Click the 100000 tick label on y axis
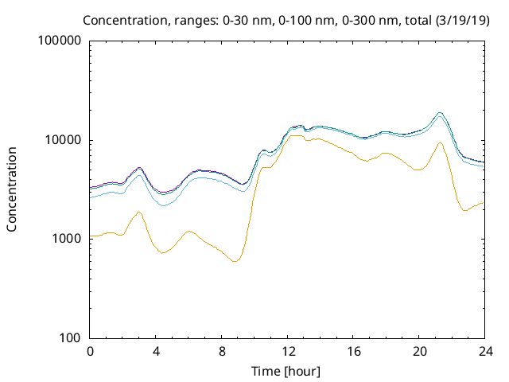pos(60,41)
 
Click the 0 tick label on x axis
pos(91,352)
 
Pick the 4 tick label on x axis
pos(157,352)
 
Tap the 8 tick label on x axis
pos(222,352)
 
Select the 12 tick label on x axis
pos(288,352)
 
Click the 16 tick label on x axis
pos(353,352)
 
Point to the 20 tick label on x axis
pos(419,352)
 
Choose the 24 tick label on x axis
pos(484,352)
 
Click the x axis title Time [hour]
pos(287,370)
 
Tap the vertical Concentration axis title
pos(12,189)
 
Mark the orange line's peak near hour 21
pos(439,143)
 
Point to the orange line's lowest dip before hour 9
pos(235,261)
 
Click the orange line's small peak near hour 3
pos(139,212)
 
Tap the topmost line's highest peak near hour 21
pos(439,113)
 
